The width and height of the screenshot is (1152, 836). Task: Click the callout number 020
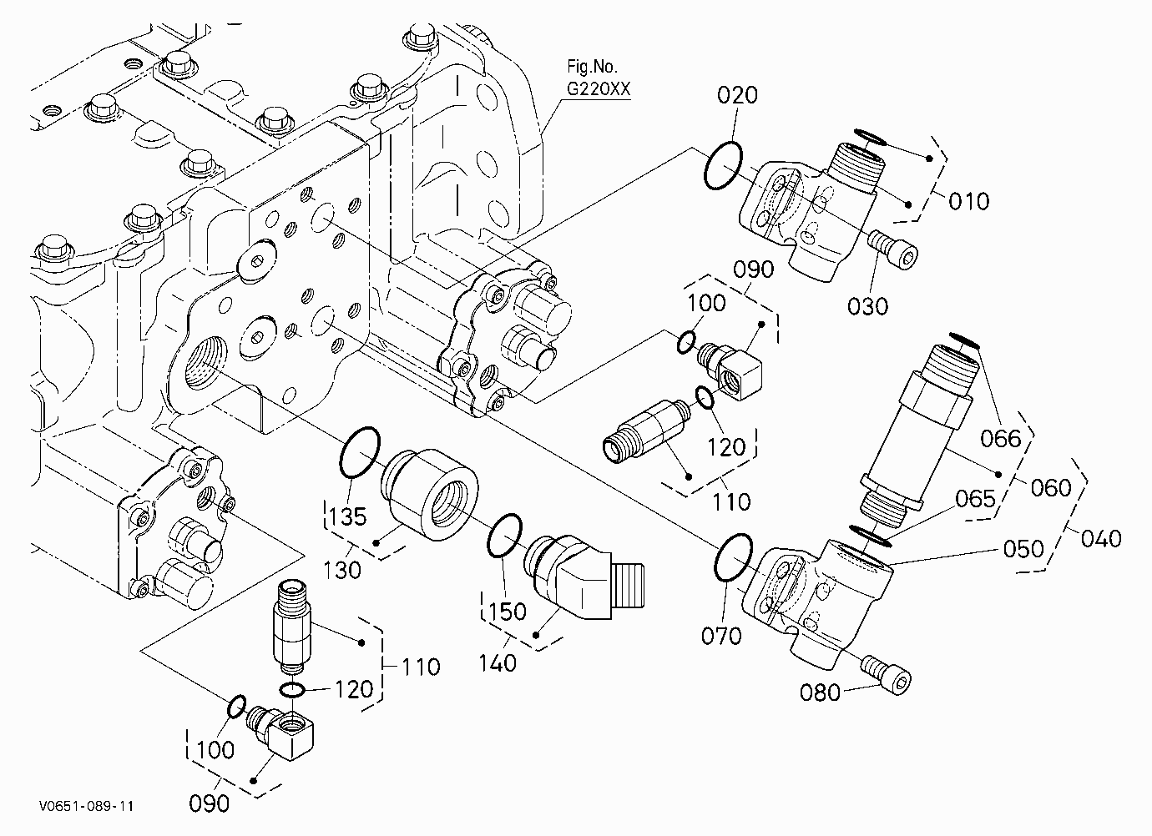click(737, 96)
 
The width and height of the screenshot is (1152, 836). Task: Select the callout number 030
click(867, 306)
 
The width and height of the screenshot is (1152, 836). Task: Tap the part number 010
click(969, 201)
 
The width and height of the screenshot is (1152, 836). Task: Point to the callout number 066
click(1000, 439)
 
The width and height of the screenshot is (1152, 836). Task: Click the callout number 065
click(976, 498)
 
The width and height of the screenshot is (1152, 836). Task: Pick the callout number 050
click(1023, 549)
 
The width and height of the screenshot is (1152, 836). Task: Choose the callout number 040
click(1101, 539)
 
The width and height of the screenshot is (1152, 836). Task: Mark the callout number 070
click(721, 636)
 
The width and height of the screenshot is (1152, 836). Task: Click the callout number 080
click(820, 692)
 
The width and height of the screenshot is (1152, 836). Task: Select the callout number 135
click(347, 516)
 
